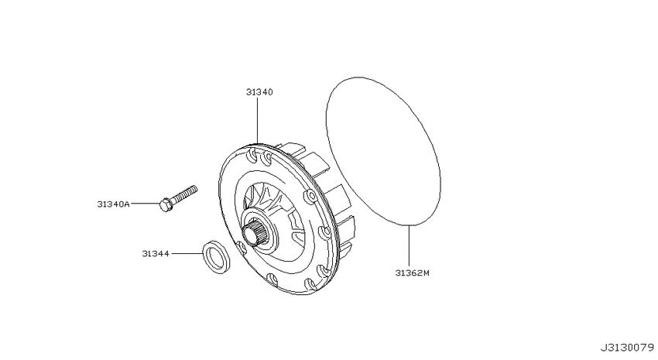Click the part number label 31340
tap(259, 92)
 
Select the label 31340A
tap(113, 204)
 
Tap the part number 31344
tap(156, 254)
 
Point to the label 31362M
tap(412, 273)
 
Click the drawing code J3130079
tap(626, 348)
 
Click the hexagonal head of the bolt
tap(166, 204)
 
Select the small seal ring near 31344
tap(216, 258)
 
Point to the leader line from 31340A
tap(146, 204)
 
